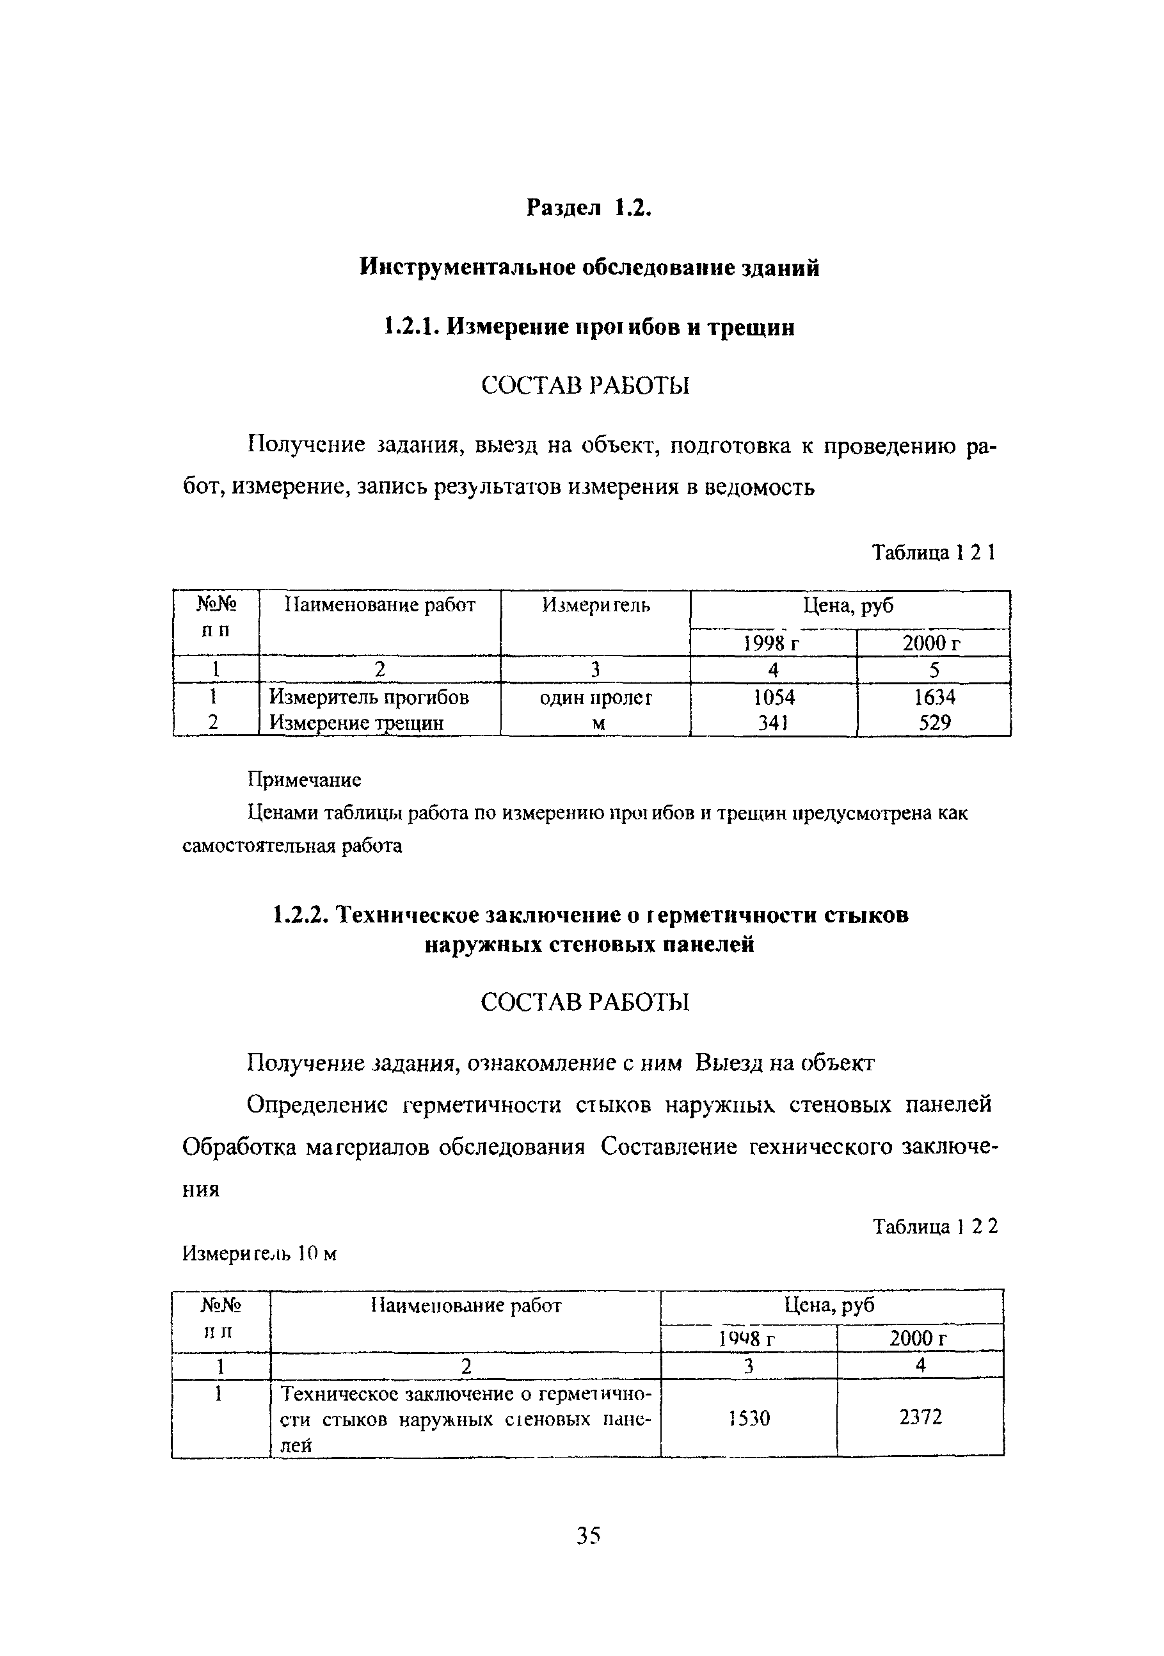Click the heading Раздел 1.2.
click(589, 208)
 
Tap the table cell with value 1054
click(773, 698)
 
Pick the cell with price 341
click(773, 723)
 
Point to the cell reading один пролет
click(596, 698)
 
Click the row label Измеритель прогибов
click(369, 698)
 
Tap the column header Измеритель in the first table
click(596, 606)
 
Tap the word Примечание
click(305, 780)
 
